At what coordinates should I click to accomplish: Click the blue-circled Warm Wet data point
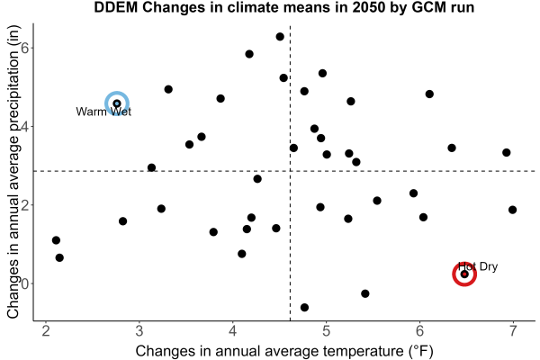(x=117, y=103)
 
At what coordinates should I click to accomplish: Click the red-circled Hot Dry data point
(x=464, y=274)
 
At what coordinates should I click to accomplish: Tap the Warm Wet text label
(x=103, y=112)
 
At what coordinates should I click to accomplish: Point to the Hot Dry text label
(x=478, y=266)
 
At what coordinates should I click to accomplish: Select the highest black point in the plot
(x=280, y=37)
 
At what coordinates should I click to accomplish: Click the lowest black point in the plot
(x=304, y=307)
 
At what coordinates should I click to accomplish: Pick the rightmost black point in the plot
(x=512, y=210)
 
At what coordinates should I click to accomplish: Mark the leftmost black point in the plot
(x=56, y=240)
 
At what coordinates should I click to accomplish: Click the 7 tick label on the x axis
(x=513, y=331)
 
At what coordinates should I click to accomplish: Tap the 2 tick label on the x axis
(x=46, y=331)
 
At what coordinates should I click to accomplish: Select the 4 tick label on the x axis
(x=233, y=331)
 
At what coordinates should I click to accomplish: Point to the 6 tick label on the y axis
(x=24, y=48)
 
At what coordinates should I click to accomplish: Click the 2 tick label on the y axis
(x=24, y=205)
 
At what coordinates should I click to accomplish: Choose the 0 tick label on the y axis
(x=24, y=283)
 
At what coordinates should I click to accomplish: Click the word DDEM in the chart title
(x=116, y=7)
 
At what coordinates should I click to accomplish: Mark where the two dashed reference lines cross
(x=290, y=171)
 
